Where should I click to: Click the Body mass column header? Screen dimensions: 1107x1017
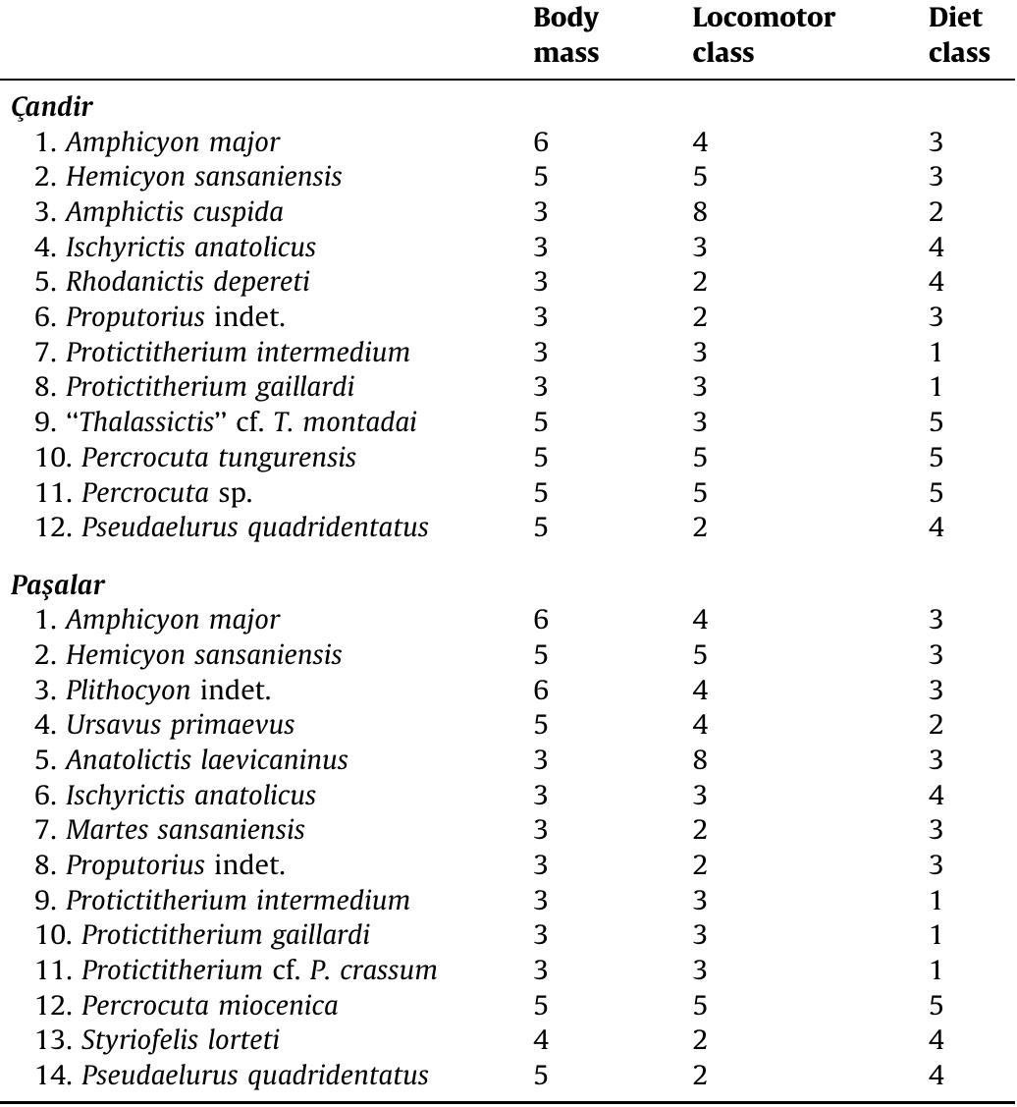pos(565,35)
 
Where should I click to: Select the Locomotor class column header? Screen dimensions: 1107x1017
pos(763,35)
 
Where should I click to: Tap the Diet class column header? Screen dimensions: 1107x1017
pos(958,35)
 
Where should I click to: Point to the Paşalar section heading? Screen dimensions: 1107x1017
pos(58,584)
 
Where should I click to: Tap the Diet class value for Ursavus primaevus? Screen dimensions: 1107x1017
pos(936,725)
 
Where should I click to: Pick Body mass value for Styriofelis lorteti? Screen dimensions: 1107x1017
pos(541,1040)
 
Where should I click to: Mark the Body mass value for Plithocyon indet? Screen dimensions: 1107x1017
pos(541,690)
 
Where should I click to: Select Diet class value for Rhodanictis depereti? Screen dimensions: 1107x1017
pos(936,282)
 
